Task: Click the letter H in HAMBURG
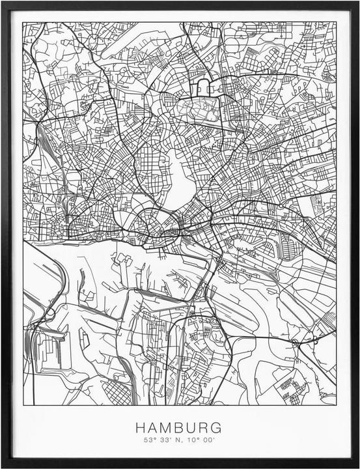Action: click(141, 428)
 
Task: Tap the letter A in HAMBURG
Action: click(153, 428)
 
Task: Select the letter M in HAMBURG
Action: click(167, 428)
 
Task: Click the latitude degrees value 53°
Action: click(150, 441)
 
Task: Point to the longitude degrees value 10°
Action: click(193, 441)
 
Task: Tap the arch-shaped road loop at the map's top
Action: click(202, 87)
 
